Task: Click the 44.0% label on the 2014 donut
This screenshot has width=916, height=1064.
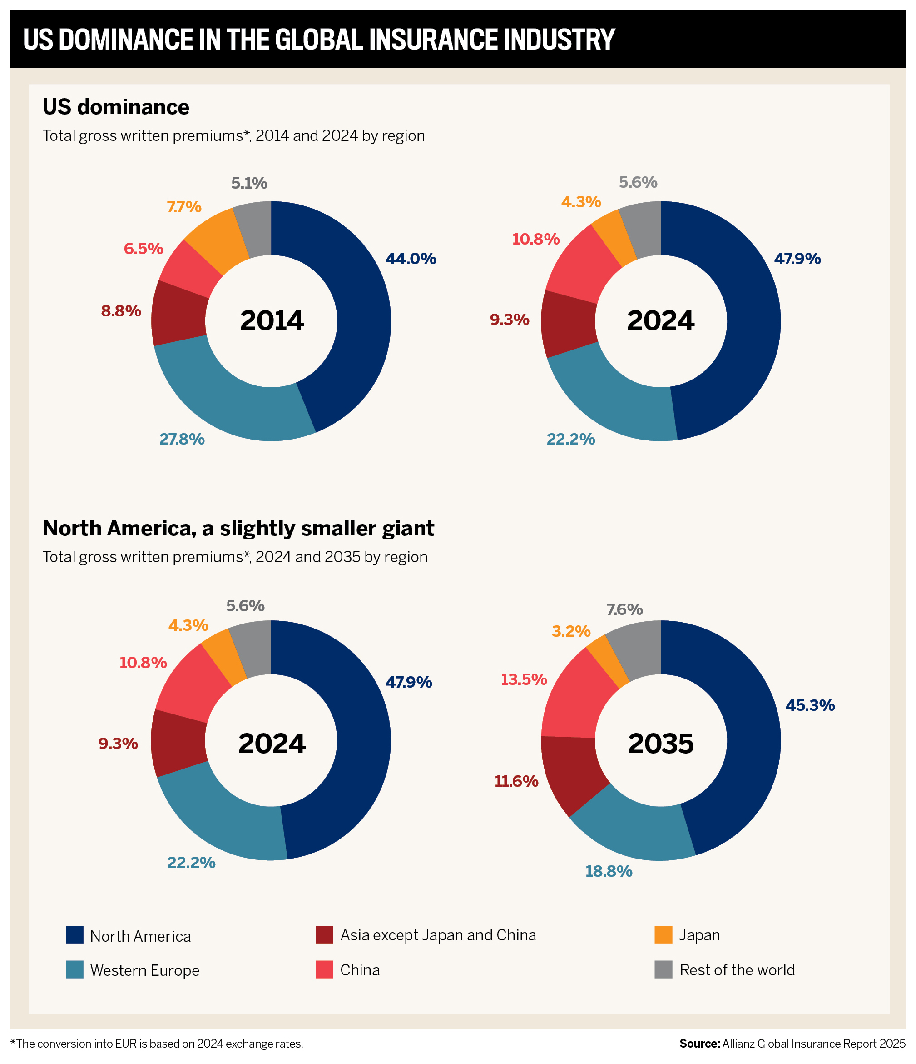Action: click(411, 258)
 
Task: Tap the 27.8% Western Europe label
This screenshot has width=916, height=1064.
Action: click(182, 439)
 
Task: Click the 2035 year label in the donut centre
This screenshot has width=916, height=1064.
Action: click(660, 743)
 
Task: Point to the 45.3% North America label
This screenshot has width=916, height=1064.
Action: click(810, 705)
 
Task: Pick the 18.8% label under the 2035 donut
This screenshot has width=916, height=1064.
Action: click(609, 871)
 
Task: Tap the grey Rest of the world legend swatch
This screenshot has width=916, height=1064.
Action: click(663, 969)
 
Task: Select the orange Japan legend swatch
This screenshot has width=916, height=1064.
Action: click(663, 934)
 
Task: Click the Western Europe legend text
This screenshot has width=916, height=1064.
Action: click(144, 970)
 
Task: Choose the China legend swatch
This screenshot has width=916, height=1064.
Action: click(324, 969)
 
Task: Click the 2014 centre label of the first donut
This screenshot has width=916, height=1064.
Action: click(272, 320)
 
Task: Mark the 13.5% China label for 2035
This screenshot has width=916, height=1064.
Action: click(524, 679)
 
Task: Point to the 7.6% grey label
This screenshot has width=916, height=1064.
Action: click(624, 609)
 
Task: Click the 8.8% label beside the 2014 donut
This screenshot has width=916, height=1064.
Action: click(121, 311)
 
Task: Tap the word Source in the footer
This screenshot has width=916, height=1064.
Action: click(699, 1044)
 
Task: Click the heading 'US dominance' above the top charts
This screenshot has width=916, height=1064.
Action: click(116, 107)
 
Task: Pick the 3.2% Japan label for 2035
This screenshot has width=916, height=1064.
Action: click(571, 631)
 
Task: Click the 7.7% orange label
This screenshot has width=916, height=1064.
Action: click(184, 207)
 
